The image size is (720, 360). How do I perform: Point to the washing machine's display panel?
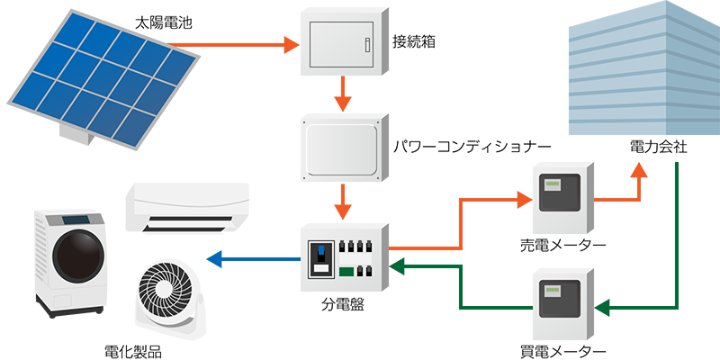[83, 220]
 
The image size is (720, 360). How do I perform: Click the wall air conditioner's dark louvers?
[189, 221]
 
